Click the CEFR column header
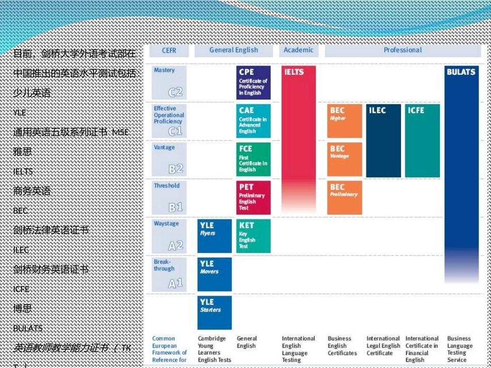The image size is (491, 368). pos(169,51)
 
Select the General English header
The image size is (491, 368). pos(234,51)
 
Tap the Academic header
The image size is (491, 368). pos(298,51)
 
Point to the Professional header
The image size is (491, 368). pos(403,51)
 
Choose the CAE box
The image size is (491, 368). pos(253,121)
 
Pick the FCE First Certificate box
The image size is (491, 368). pos(253,159)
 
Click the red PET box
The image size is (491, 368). pos(253,197)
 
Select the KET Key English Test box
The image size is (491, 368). pos(253,235)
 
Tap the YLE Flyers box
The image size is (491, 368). pos(214,235)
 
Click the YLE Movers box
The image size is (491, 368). pos(214,274)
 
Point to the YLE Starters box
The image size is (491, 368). pos(214,312)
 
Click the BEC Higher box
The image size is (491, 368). pos(345,121)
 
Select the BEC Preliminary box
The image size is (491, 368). pos(345,197)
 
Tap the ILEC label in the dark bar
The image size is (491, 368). pos(377,110)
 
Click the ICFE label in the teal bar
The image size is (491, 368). pos(416,110)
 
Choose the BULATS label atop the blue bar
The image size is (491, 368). pos(461,72)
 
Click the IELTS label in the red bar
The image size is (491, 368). pos(294,72)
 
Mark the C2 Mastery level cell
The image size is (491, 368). pos(169,83)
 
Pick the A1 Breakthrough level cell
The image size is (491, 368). pos(169,274)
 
